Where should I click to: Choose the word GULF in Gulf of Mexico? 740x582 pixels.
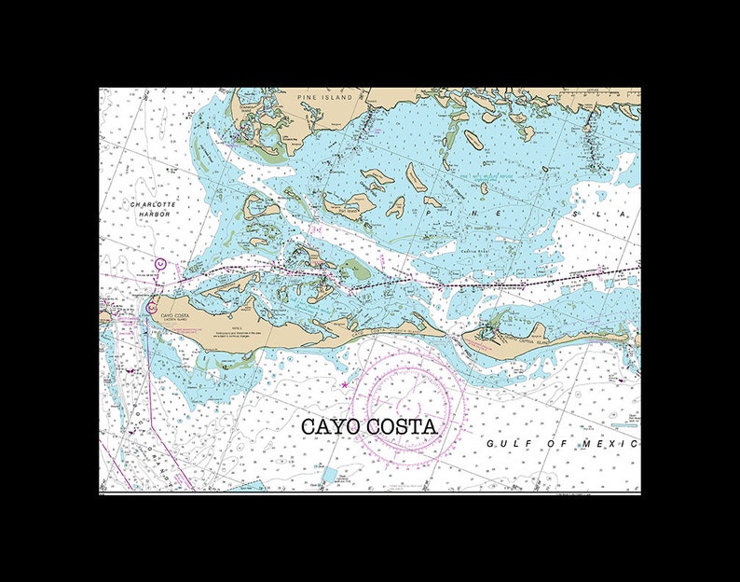(504, 443)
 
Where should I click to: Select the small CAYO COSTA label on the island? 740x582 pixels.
(175, 315)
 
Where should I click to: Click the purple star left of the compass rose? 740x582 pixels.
(345, 384)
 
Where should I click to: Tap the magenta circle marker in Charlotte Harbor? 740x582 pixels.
(159, 265)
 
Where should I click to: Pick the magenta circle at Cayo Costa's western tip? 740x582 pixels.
(151, 306)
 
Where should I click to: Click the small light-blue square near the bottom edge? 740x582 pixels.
(328, 475)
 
